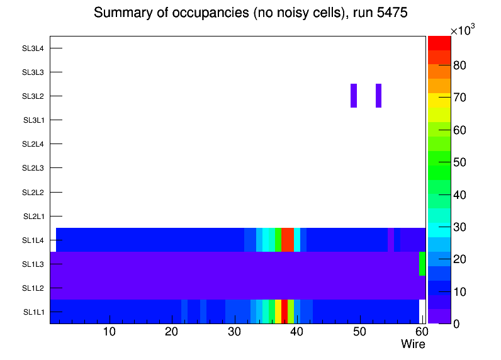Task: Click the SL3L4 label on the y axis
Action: [33, 48]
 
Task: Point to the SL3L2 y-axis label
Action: [33, 96]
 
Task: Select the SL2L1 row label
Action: [34, 217]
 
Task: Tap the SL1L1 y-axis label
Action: [34, 312]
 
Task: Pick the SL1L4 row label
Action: [34, 240]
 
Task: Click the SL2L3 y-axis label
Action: [33, 168]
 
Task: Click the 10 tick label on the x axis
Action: [109, 332]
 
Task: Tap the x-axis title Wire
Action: [413, 344]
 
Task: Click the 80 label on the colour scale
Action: [460, 65]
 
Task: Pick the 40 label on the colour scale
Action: [460, 194]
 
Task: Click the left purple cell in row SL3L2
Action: [354, 96]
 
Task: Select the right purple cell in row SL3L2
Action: [378, 96]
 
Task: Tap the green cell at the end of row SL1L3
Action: [422, 264]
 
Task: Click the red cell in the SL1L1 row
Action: [284, 312]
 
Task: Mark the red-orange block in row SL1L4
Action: [288, 240]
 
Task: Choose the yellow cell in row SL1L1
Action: [278, 312]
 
